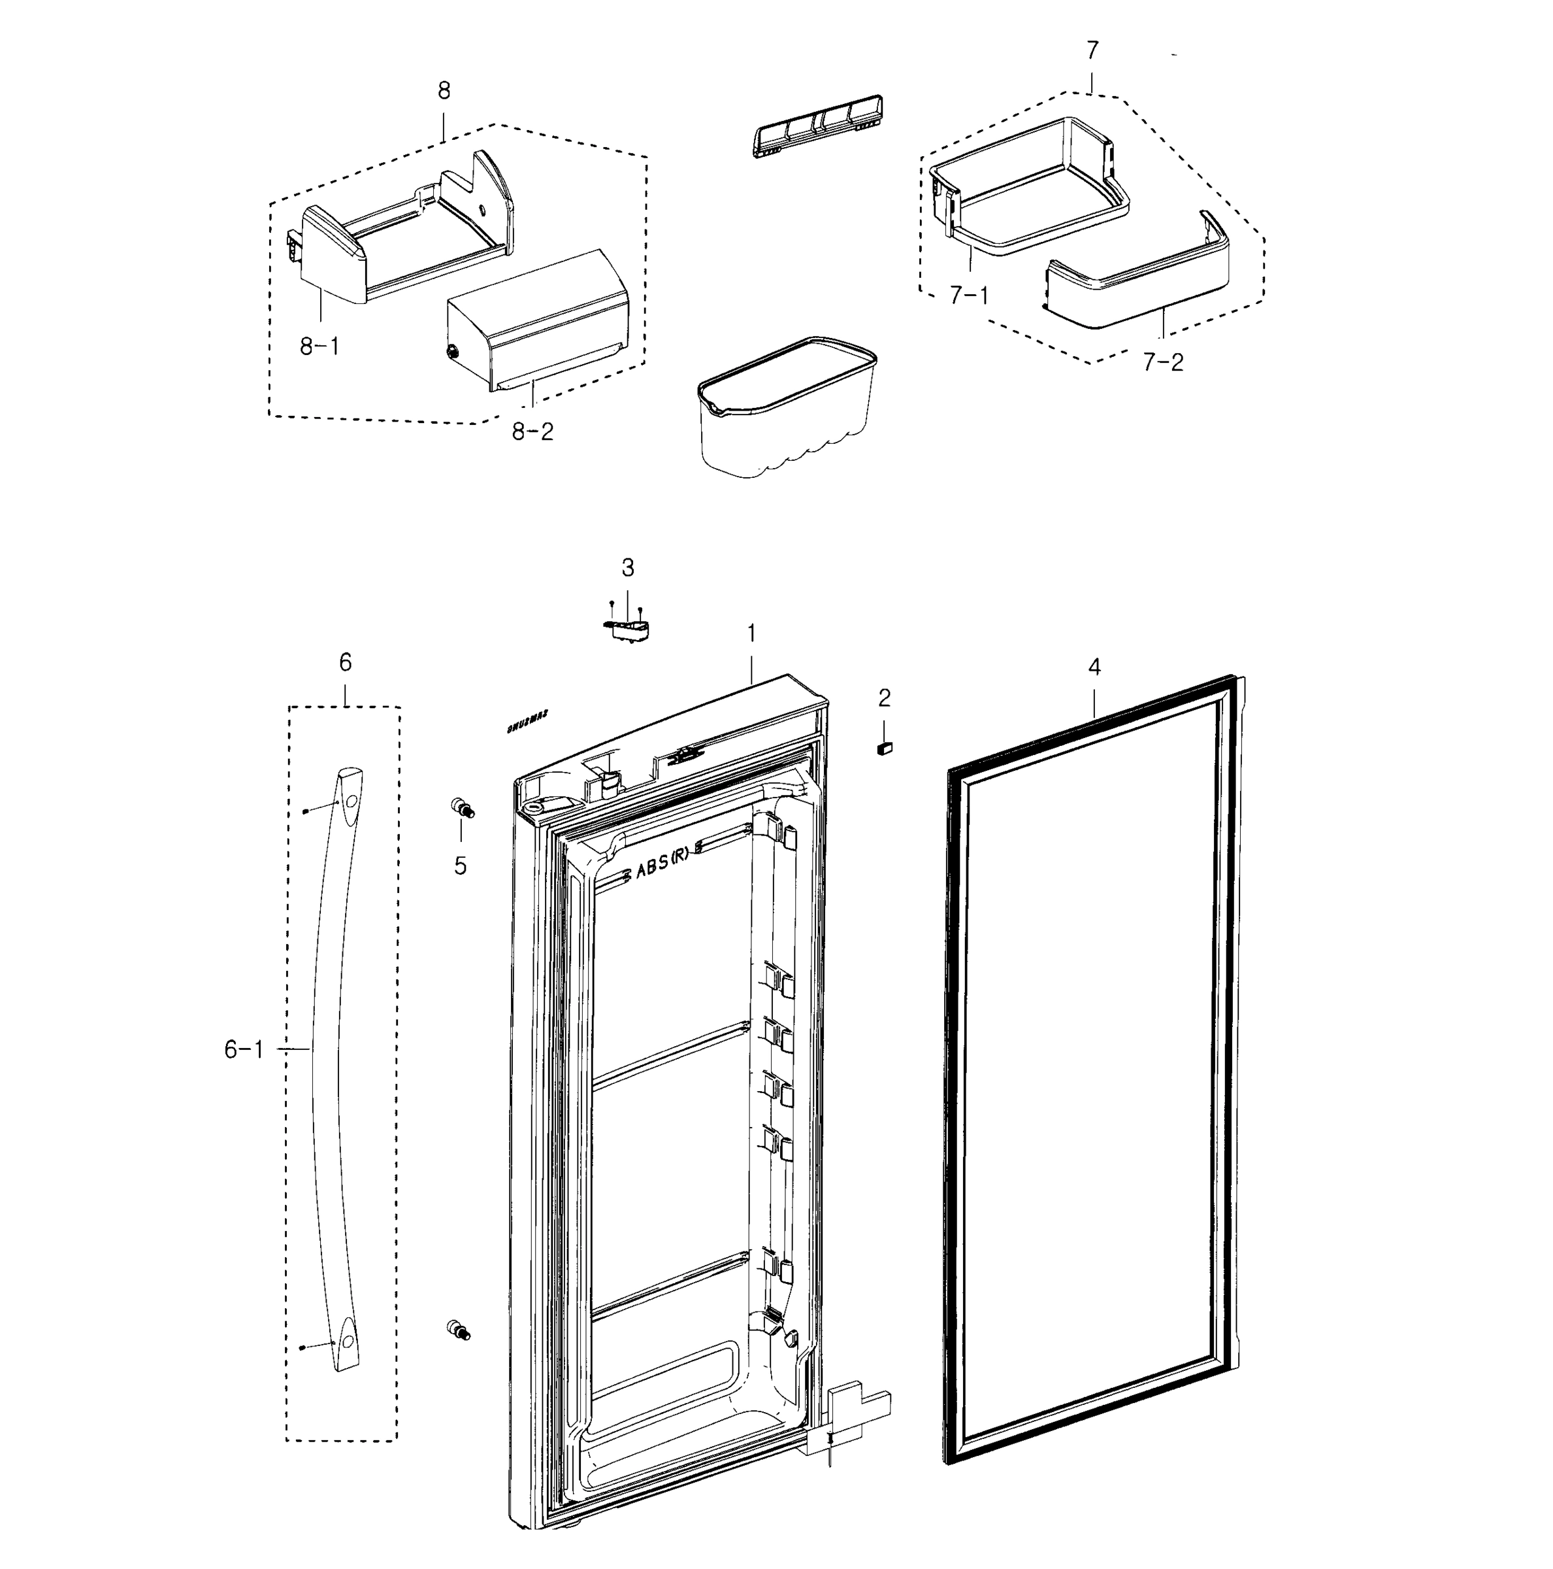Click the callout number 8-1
click(319, 346)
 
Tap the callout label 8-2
click(532, 432)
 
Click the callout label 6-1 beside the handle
click(244, 1050)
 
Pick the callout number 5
click(461, 866)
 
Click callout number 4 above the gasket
click(1094, 667)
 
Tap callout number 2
click(884, 697)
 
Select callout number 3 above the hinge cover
click(627, 567)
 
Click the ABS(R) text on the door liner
click(662, 866)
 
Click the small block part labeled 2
click(884, 748)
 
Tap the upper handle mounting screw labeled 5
click(462, 808)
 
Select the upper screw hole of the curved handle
click(351, 801)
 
